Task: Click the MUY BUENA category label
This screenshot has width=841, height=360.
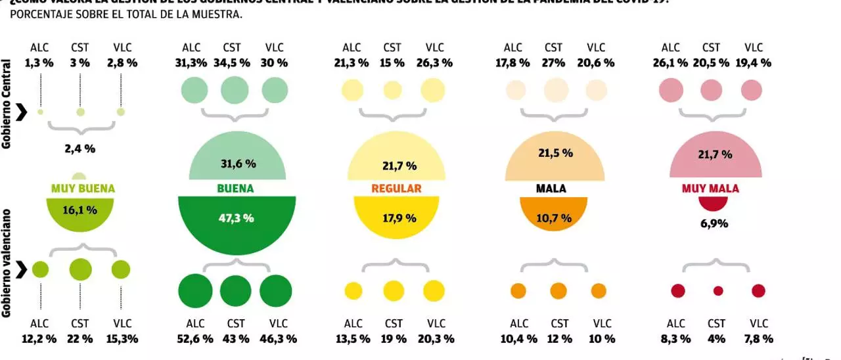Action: click(83, 189)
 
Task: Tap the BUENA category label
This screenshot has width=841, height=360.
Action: click(235, 189)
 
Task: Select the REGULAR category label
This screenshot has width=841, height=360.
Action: click(396, 189)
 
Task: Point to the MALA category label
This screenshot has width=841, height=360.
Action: click(551, 189)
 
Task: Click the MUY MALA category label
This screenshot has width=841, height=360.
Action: click(710, 189)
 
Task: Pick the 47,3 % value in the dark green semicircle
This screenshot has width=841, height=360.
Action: click(237, 218)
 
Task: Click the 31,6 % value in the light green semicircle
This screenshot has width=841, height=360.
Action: click(237, 163)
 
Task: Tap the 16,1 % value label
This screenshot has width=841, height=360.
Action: click(80, 210)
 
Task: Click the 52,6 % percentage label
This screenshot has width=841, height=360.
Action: click(195, 339)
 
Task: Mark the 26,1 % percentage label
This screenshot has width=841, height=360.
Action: click(670, 63)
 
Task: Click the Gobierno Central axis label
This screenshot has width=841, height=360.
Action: click(7, 105)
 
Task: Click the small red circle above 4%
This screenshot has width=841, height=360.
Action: click(718, 290)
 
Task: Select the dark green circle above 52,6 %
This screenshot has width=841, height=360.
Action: click(195, 290)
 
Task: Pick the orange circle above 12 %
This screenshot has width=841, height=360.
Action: click(558, 290)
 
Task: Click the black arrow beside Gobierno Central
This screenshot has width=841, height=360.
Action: click(21, 112)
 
